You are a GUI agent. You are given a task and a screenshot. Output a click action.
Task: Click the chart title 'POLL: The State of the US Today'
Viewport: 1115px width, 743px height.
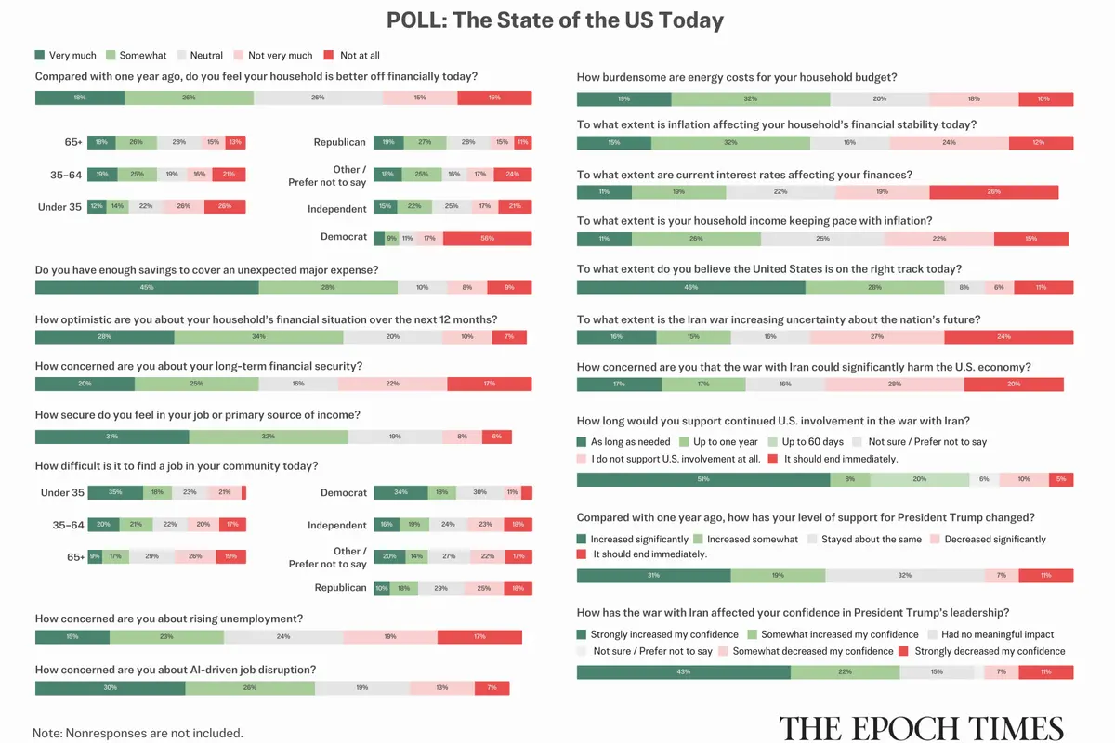tap(557, 20)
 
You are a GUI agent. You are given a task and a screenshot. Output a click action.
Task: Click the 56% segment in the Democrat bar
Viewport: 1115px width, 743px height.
tap(487, 239)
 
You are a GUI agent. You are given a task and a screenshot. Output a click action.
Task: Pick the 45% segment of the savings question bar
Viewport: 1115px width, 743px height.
tap(147, 288)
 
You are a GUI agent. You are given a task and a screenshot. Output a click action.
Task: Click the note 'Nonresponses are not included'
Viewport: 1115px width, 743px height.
tap(138, 733)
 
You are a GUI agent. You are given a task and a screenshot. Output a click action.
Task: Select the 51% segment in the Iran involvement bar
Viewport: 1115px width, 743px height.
tap(703, 479)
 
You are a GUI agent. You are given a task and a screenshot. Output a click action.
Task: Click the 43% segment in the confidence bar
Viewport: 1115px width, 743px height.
tap(684, 671)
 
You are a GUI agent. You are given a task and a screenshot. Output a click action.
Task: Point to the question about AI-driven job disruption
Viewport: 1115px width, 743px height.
tap(176, 670)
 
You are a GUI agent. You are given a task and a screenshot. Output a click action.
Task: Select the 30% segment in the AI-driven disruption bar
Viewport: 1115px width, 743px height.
tap(111, 688)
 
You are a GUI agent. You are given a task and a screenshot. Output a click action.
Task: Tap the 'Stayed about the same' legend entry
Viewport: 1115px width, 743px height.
tap(863, 539)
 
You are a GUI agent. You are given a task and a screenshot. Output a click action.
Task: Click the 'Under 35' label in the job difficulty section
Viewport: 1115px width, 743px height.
tap(62, 493)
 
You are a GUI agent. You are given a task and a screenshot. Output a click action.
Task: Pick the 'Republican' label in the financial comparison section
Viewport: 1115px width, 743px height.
tap(339, 142)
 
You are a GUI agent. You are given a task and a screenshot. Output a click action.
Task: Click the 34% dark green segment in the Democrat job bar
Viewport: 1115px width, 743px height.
tap(400, 493)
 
